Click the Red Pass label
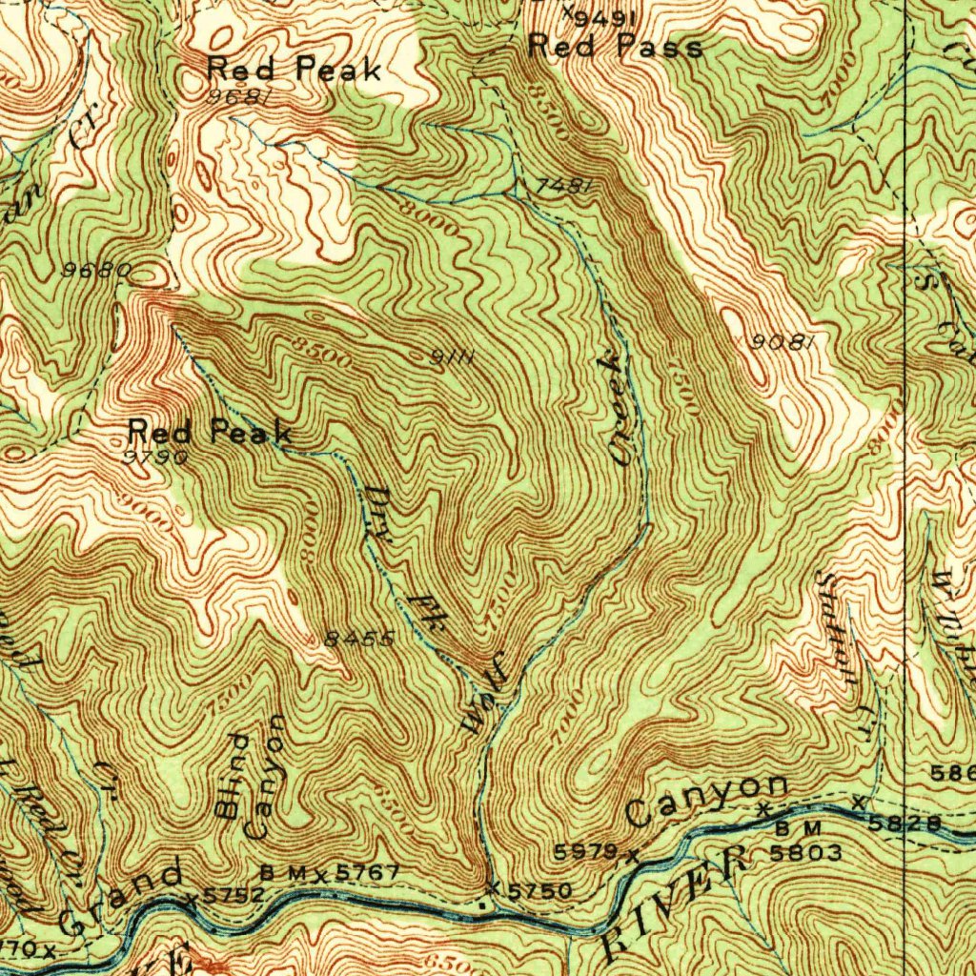tap(616, 46)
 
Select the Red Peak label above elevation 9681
tap(295, 69)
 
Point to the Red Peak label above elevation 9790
tap(210, 433)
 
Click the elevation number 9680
tap(95, 271)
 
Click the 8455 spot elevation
tap(358, 640)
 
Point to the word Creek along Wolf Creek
tap(620, 408)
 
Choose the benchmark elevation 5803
tap(805, 853)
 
